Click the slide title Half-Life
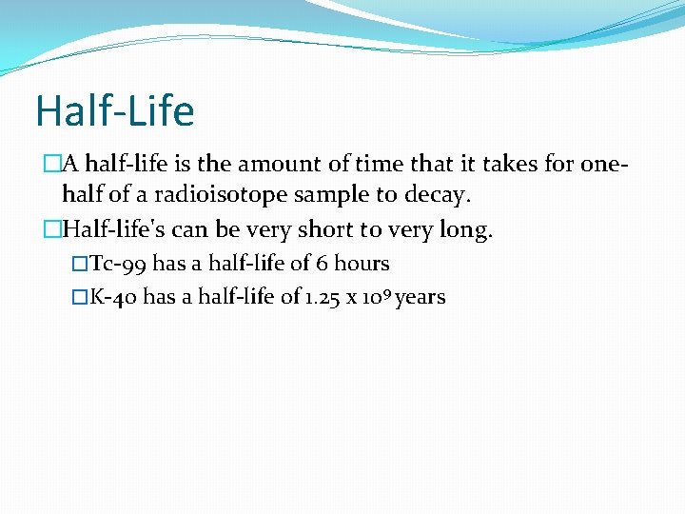[114, 111]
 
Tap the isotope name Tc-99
[118, 264]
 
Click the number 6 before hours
[324, 264]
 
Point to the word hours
[362, 264]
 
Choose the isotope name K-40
[113, 297]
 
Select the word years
[421, 298]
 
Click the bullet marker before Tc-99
[79, 264]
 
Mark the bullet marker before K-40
[79, 297]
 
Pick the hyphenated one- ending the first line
[605, 164]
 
